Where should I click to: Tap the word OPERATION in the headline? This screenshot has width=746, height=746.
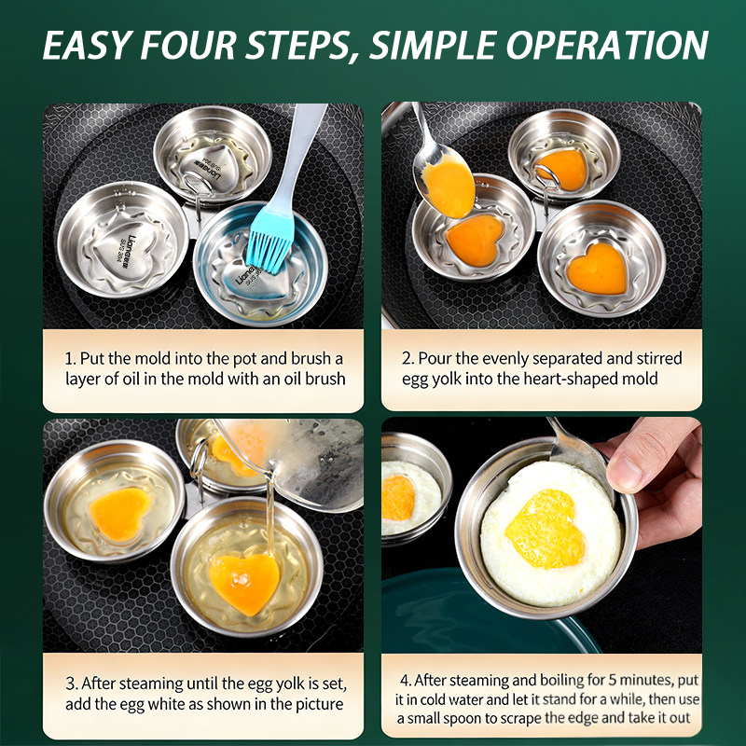(x=607, y=46)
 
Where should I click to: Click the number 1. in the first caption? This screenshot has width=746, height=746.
(x=71, y=358)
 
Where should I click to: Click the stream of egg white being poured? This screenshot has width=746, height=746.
(x=270, y=518)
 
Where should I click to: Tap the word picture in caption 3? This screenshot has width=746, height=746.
(x=319, y=705)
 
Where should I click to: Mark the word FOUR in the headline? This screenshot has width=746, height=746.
(x=188, y=46)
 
